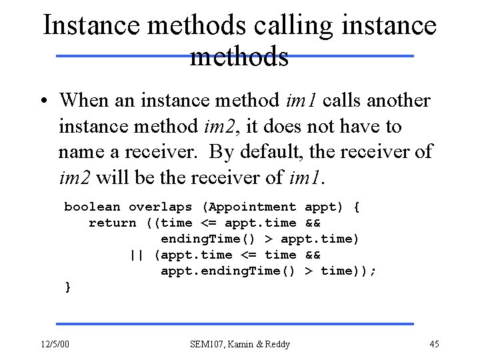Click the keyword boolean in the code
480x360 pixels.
coord(92,207)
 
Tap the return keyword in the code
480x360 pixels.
coord(112,223)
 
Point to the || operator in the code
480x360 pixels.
coord(137,255)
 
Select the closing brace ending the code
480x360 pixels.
coord(67,287)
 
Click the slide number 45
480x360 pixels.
coord(434,344)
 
